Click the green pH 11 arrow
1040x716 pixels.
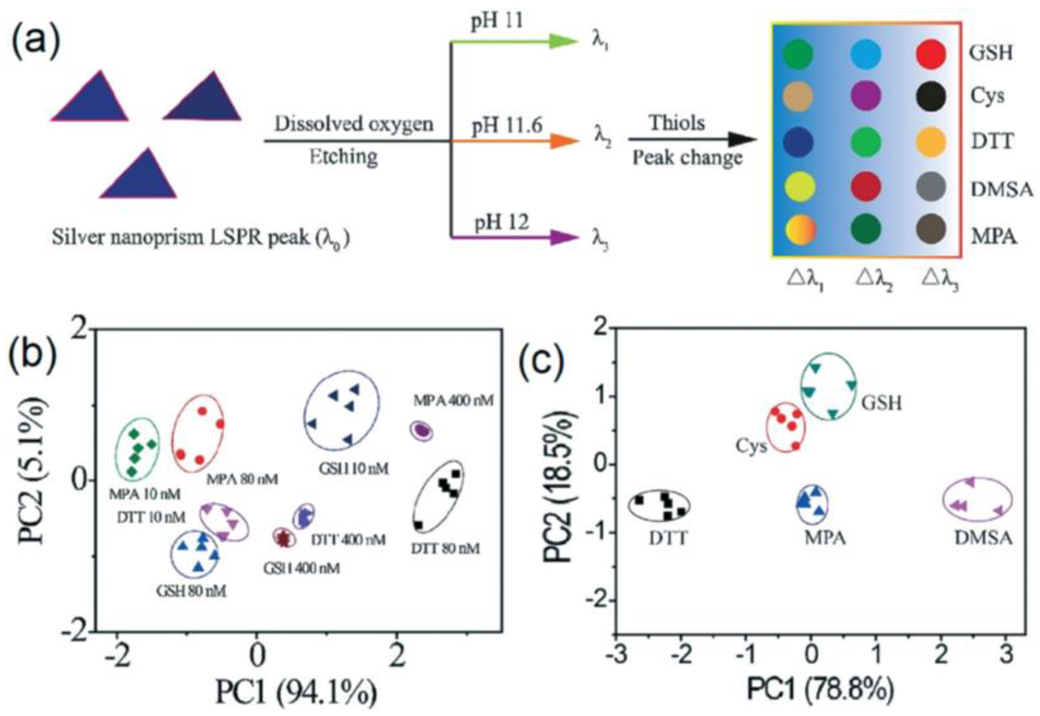516,42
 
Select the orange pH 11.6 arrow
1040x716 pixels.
516,141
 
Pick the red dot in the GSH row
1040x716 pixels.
931,53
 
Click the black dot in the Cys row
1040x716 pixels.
931,96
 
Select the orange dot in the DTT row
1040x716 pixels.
931,142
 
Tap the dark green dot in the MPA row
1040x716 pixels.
866,229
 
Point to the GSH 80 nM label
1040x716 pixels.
192,591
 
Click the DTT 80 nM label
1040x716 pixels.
445,548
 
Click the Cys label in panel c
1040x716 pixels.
752,446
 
